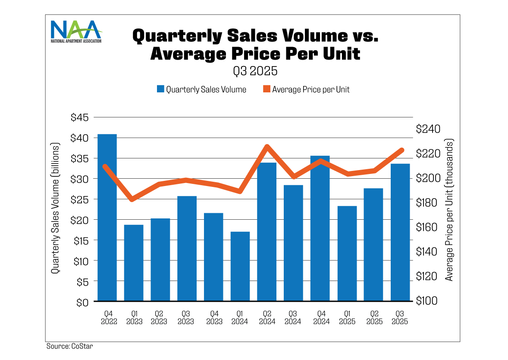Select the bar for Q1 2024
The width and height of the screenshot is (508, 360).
pyautogui.click(x=240, y=266)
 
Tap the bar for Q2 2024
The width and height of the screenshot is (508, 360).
pyautogui.click(x=267, y=231)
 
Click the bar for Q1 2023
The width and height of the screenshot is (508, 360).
pyautogui.click(x=134, y=262)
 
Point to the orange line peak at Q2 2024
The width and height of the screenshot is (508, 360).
pyautogui.click(x=267, y=147)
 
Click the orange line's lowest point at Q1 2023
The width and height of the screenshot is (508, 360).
pyautogui.click(x=132, y=199)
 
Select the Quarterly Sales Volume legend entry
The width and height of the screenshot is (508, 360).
pyautogui.click(x=201, y=89)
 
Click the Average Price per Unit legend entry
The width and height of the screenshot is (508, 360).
pyautogui.click(x=306, y=89)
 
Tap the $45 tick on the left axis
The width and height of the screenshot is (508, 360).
pyautogui.click(x=79, y=117)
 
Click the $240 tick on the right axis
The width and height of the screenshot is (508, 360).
pyautogui.click(x=427, y=129)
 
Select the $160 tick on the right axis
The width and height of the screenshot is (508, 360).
pyautogui.click(x=427, y=227)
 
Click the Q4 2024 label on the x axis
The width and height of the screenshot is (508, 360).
pyautogui.click(x=320, y=317)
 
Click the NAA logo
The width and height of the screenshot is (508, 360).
pyautogui.click(x=76, y=31)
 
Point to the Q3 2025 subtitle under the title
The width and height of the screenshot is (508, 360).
pyautogui.click(x=255, y=70)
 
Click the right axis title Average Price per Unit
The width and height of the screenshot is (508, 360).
pyautogui.click(x=449, y=210)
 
